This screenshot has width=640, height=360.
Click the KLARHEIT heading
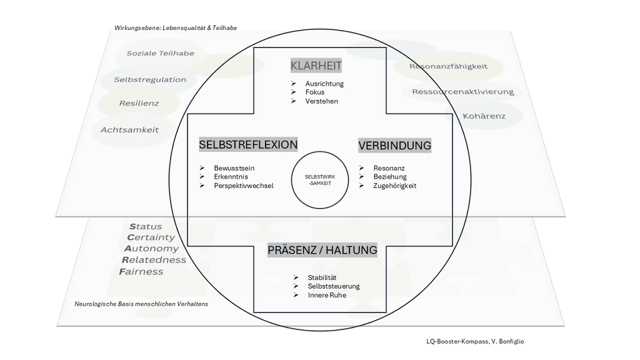click(316, 66)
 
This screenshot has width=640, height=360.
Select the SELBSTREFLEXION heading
click(248, 144)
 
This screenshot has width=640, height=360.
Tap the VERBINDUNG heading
click(394, 146)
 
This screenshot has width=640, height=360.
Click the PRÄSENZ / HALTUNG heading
click(322, 250)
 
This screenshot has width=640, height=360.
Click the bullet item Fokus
click(315, 92)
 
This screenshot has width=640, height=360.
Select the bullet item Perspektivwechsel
click(243, 186)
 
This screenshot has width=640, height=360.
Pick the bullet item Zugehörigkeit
click(394, 186)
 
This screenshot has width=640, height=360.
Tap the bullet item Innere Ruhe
click(326, 295)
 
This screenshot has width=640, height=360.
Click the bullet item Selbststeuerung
click(334, 286)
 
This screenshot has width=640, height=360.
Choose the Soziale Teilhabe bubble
click(160, 53)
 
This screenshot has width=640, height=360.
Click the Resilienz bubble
click(139, 103)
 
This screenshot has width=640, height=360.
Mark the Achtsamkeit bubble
click(129, 130)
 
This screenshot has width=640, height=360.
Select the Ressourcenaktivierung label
click(462, 92)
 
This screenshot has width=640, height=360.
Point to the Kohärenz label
click(484, 116)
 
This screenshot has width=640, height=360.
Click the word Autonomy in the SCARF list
click(151, 249)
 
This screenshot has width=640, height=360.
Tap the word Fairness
click(141, 272)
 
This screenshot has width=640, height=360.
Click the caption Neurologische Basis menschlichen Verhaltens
click(141, 304)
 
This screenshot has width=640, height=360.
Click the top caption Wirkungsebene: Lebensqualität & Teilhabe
click(176, 28)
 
